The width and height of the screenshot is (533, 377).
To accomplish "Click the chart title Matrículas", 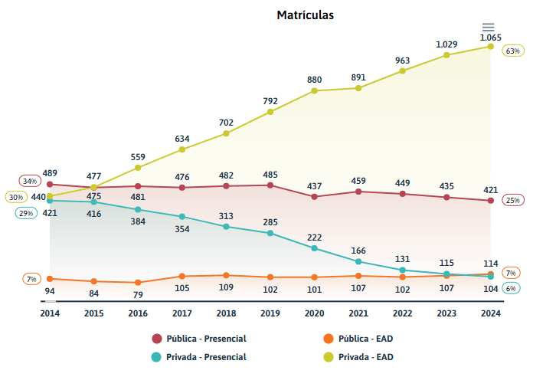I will tap(305, 15).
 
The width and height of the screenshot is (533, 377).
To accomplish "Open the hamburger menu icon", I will tap(488, 28).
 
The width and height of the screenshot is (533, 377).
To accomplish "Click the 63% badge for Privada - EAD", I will tap(512, 51).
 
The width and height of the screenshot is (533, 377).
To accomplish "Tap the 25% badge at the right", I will tap(512, 200).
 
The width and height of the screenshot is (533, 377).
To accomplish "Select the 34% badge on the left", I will tap(30, 182).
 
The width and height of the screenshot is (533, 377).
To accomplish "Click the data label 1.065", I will tap(490, 37).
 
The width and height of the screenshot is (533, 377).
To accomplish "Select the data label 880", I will tap(315, 80).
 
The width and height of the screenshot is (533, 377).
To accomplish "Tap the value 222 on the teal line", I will tap(315, 238).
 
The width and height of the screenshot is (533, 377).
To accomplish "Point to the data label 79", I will tap(138, 295).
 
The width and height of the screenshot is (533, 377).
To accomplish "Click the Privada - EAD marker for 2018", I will tap(226, 133).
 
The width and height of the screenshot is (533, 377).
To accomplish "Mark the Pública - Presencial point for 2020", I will tap(315, 196).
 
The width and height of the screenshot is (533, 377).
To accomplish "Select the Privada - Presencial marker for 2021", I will tap(358, 261).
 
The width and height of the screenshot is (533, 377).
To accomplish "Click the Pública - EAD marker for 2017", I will tap(182, 276).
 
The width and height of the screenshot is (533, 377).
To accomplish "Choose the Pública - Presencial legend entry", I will tap(199, 338).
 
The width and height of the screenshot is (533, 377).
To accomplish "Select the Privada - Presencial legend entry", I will tap(199, 356).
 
